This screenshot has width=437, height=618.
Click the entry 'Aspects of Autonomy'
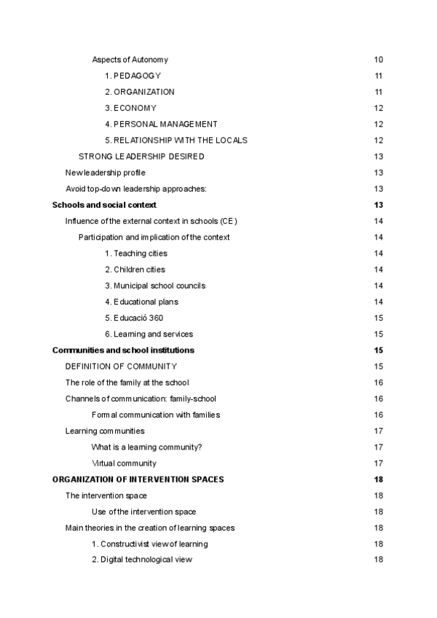(130, 60)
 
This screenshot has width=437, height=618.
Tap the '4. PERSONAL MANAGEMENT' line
(161, 125)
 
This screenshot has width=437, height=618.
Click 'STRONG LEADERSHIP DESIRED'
(141, 157)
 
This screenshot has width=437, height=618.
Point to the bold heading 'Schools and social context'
(104, 205)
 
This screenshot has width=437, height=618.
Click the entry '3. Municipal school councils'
(155, 286)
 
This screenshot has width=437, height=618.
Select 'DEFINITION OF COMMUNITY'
(121, 367)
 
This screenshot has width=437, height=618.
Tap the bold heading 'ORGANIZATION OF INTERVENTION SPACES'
(138, 480)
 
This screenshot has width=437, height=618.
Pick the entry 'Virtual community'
(124, 463)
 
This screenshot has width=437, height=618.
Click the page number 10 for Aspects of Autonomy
(378, 60)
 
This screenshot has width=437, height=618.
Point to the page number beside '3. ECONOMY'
(378, 108)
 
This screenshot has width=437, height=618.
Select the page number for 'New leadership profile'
(378, 173)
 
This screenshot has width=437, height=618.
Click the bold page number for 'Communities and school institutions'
(378, 351)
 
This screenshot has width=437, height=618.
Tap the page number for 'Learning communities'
(378, 431)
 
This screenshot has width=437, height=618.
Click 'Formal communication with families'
(156, 415)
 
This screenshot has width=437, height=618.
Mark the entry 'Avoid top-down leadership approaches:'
(136, 189)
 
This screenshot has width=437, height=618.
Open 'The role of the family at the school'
(127, 383)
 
